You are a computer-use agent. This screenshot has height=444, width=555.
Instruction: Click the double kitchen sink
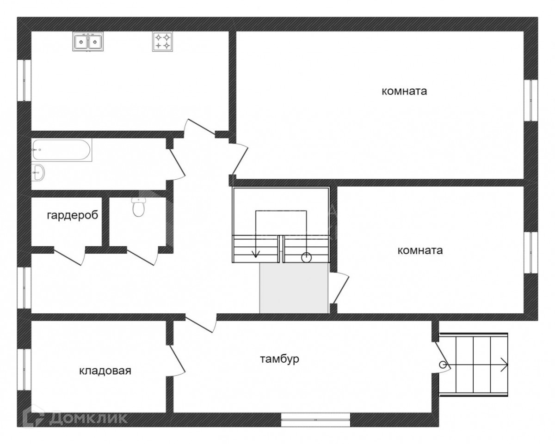(88, 42)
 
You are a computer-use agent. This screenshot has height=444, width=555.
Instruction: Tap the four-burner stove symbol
(162, 42)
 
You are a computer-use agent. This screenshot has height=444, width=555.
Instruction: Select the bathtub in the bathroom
(62, 151)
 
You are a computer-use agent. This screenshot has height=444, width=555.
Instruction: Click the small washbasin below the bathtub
(38, 172)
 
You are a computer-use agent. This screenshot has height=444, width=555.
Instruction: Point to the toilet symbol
(139, 207)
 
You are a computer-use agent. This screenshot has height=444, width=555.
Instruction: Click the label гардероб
(73, 215)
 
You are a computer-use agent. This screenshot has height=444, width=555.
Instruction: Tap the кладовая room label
(105, 371)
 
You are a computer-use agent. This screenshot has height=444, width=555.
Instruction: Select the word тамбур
(279, 359)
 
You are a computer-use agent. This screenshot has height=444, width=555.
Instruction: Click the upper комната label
(404, 91)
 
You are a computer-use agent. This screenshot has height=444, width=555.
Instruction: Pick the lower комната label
(420, 250)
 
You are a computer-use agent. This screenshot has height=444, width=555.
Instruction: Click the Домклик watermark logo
(75, 418)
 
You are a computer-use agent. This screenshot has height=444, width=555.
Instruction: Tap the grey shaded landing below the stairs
(294, 288)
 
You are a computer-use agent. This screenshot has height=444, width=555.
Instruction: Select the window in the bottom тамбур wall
(315, 420)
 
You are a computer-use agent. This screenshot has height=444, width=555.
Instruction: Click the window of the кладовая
(24, 370)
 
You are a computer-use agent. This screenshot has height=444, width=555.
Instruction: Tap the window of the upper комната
(531, 100)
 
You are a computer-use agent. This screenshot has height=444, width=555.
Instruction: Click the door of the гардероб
(69, 256)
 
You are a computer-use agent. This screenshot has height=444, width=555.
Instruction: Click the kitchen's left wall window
(24, 80)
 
